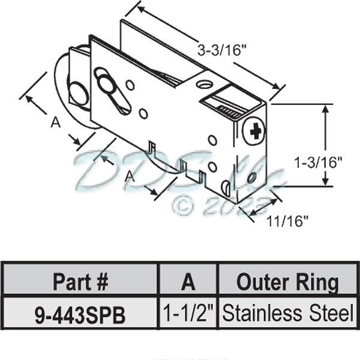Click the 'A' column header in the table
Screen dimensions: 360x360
(x=188, y=281)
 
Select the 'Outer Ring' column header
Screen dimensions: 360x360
(x=287, y=281)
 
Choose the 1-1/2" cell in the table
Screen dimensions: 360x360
(x=188, y=313)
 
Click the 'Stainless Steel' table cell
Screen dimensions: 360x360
(x=287, y=313)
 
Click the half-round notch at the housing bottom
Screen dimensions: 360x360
(x=225, y=188)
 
